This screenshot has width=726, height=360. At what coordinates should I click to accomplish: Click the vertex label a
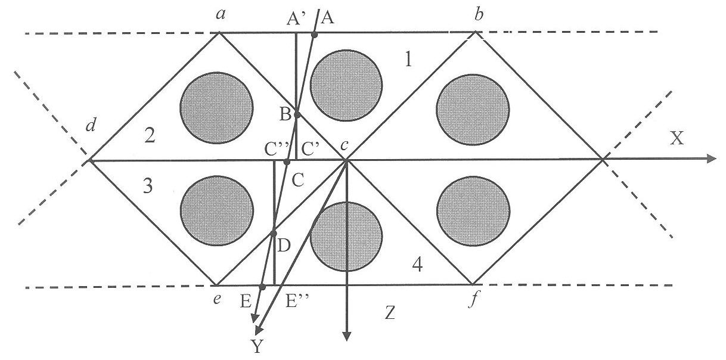pyautogui.click(x=221, y=14)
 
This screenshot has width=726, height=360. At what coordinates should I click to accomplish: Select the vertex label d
pyautogui.click(x=91, y=125)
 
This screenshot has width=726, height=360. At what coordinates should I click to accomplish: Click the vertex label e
pyautogui.click(x=217, y=299)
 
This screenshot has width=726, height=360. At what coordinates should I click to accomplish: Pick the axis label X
pyautogui.click(x=677, y=138)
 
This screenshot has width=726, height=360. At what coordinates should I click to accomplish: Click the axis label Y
pyautogui.click(x=257, y=346)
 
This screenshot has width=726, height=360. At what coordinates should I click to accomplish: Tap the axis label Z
pyautogui.click(x=390, y=313)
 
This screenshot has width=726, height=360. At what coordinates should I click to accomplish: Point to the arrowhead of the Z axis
pyautogui.click(x=347, y=336)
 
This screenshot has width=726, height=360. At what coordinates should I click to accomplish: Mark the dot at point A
pyautogui.click(x=314, y=35)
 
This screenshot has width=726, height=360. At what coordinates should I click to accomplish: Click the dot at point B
pyautogui.click(x=297, y=114)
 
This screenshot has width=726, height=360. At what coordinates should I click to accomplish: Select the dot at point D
pyautogui.click(x=273, y=233)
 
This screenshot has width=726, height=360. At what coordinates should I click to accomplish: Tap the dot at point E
pyautogui.click(x=262, y=287)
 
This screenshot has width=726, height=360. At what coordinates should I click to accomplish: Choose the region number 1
pyautogui.click(x=408, y=59)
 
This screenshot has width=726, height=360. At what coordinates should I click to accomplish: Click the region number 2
pyautogui.click(x=150, y=136)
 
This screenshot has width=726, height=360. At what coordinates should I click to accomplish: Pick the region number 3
pyautogui.click(x=148, y=187)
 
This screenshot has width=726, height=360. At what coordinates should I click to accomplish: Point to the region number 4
pyautogui.click(x=417, y=265)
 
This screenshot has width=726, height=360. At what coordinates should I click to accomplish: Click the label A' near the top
pyautogui.click(x=294, y=20)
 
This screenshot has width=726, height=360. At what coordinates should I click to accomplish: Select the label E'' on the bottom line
pyautogui.click(x=297, y=302)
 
